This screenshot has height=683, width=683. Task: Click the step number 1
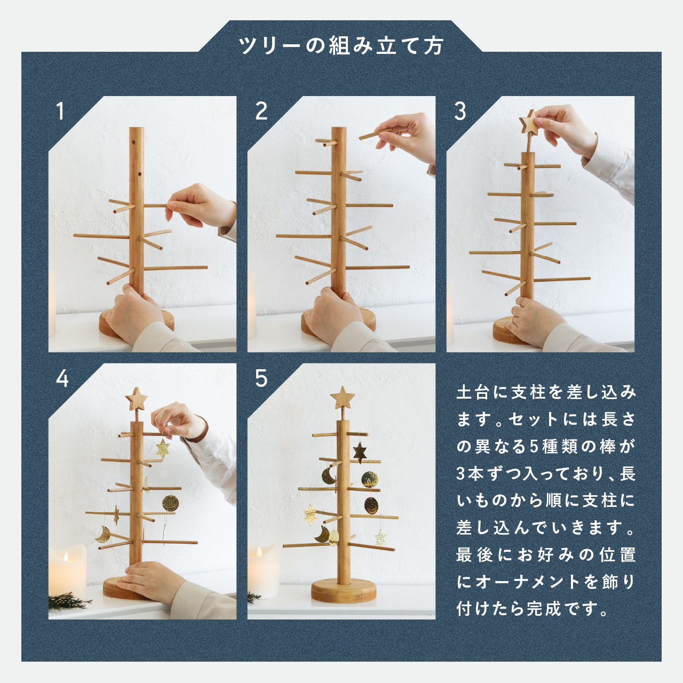(x=61, y=112)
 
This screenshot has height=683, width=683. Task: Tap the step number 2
(x=261, y=112)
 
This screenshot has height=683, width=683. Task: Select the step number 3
(x=460, y=112)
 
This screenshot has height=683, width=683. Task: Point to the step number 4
(x=62, y=379)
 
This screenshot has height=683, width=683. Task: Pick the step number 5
(x=261, y=379)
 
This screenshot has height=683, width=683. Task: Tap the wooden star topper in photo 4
(x=136, y=400)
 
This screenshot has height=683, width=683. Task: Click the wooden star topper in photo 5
(x=342, y=398)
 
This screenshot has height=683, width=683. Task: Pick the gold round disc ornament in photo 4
(x=171, y=502)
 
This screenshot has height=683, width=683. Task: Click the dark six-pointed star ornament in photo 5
(x=360, y=452)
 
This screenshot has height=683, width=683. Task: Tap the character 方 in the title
(x=433, y=46)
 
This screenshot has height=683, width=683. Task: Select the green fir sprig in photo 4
(x=69, y=601)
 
